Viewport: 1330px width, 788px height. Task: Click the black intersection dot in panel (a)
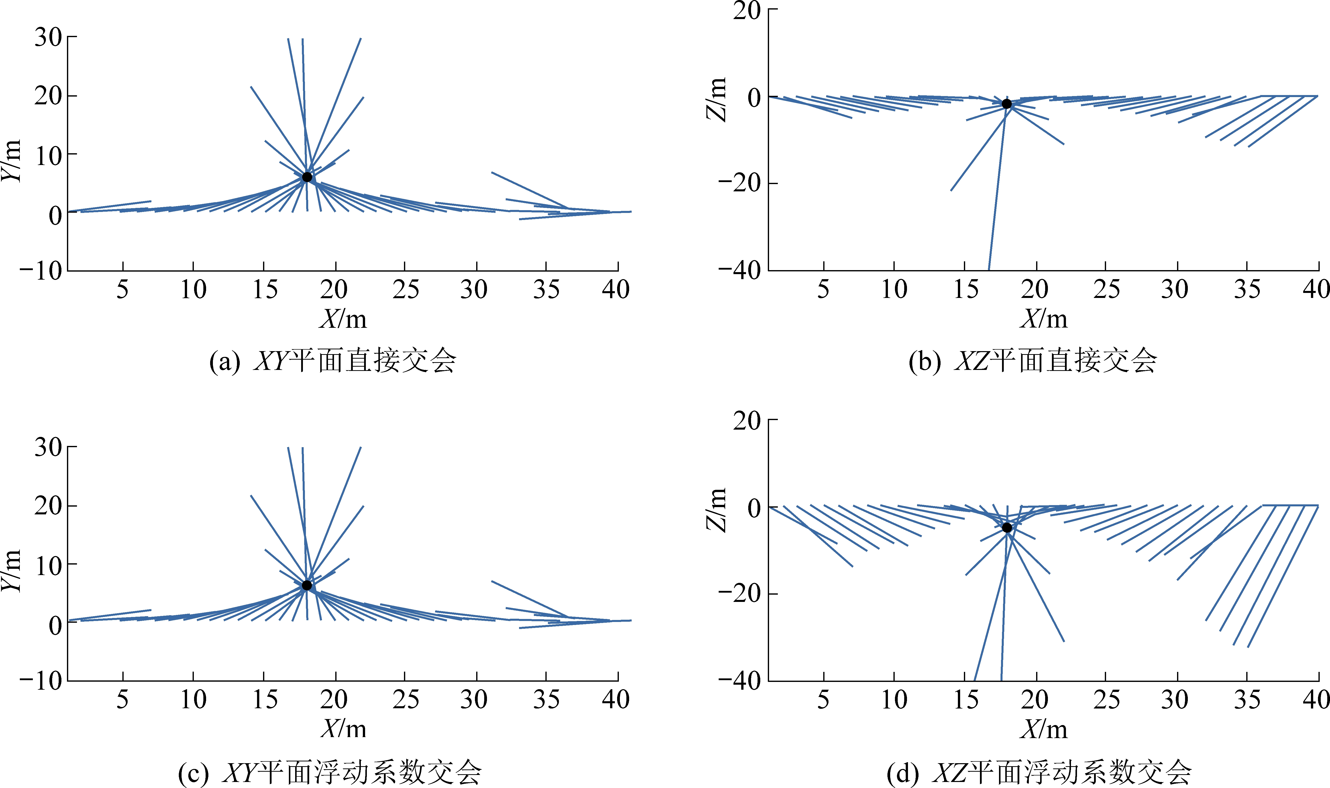pyautogui.click(x=307, y=177)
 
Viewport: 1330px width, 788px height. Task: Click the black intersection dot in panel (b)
pyautogui.click(x=1007, y=104)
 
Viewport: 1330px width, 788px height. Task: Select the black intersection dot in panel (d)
pyautogui.click(x=1007, y=527)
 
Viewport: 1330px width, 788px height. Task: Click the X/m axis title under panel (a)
pyautogui.click(x=343, y=319)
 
